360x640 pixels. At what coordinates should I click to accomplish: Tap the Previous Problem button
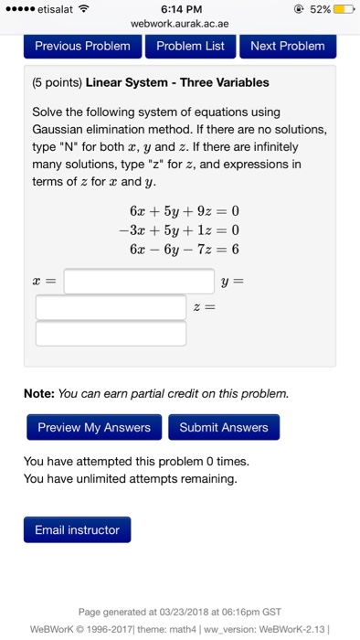pyautogui.click(x=82, y=46)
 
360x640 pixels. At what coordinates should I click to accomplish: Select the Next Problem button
pyautogui.click(x=287, y=46)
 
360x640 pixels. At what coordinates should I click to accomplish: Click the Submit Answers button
pyautogui.click(x=224, y=427)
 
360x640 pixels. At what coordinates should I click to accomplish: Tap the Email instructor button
pyautogui.click(x=77, y=530)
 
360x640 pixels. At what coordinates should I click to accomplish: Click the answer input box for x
pyautogui.click(x=139, y=281)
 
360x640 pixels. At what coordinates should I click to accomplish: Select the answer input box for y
pyautogui.click(x=111, y=307)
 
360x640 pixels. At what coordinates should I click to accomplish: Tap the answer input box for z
pyautogui.click(x=111, y=333)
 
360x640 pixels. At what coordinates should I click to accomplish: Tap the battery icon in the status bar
pyautogui.click(x=342, y=8)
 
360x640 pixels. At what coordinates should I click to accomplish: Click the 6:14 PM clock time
pyautogui.click(x=180, y=8)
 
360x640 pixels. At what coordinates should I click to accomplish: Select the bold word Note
pyautogui.click(x=38, y=394)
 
